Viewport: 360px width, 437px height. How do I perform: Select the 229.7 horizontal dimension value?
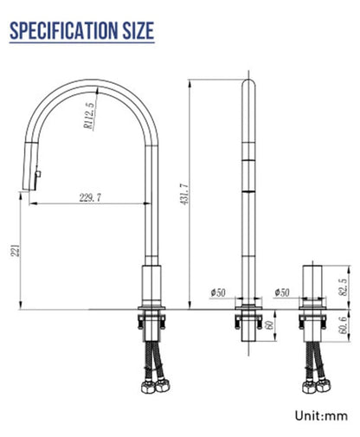point(90,198)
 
